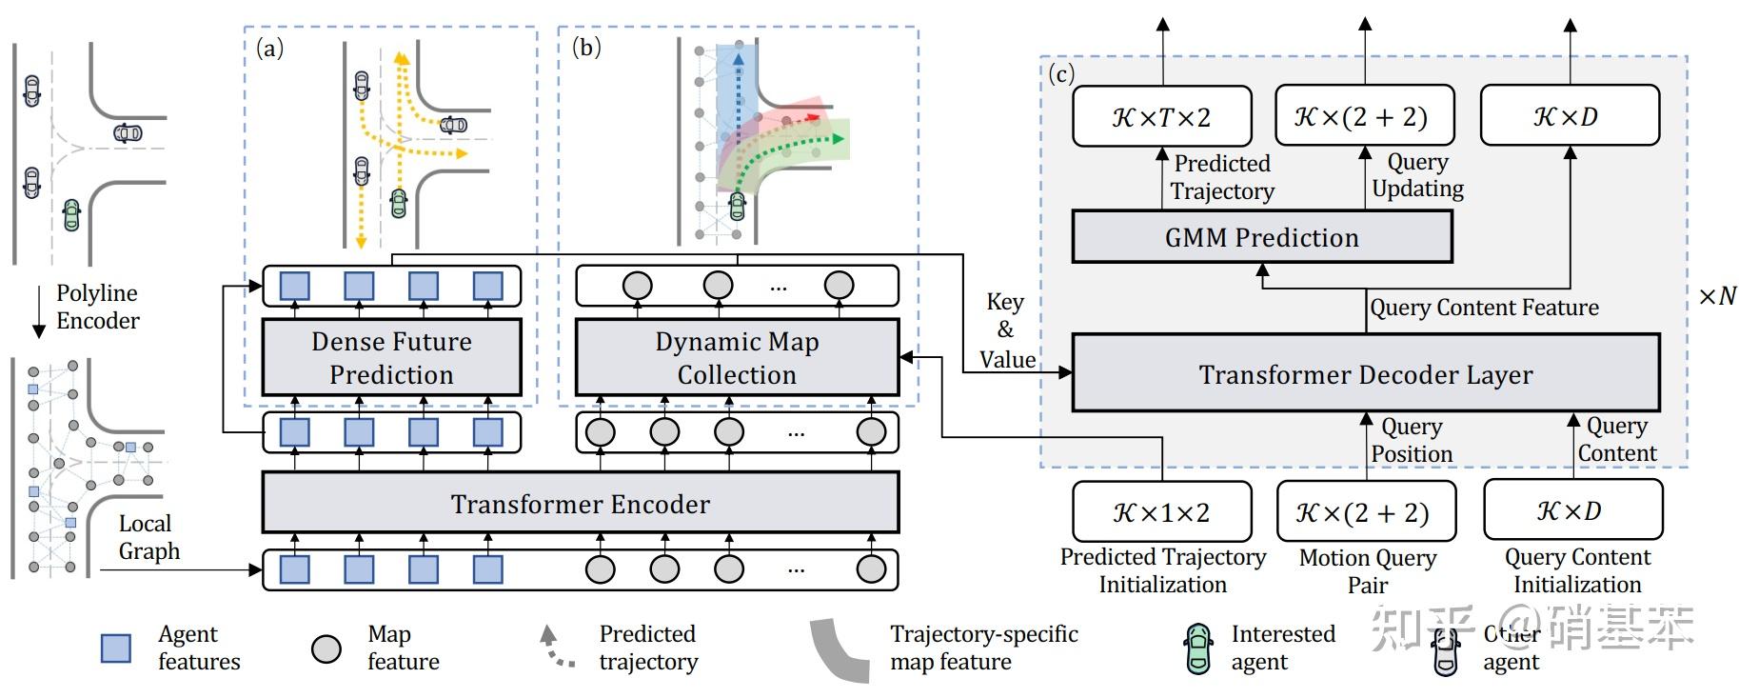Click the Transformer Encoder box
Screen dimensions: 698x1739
(580, 503)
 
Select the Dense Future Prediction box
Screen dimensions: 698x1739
(391, 357)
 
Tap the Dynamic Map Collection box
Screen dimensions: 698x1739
(737, 357)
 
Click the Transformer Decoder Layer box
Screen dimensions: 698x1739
(1365, 373)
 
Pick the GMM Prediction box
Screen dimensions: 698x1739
(1261, 237)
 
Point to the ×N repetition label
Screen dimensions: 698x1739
(1717, 296)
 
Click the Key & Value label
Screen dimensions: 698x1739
(1006, 330)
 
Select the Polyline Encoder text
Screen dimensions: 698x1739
(96, 307)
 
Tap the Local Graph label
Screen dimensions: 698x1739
(148, 537)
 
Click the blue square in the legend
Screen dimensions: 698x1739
(116, 648)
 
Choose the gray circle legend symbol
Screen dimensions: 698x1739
(326, 648)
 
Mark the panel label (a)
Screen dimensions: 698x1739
(269, 48)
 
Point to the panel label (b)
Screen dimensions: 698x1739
(586, 47)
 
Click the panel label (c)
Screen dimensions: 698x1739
(1060, 73)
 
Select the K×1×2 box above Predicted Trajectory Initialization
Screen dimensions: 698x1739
(1161, 511)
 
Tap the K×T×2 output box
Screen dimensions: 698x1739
(1161, 116)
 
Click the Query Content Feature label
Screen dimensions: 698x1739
(1483, 308)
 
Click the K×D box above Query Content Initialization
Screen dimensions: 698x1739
(1571, 509)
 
